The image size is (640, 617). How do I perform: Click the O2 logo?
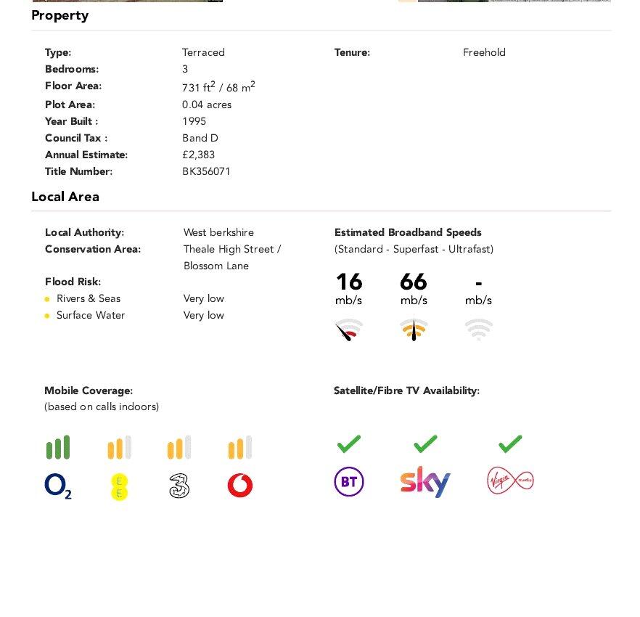[x=58, y=486]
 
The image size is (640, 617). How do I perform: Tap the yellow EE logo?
[x=120, y=486]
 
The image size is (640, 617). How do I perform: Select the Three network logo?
[x=179, y=486]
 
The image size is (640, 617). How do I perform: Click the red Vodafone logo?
[x=240, y=486]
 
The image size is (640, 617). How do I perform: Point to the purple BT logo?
[x=349, y=482]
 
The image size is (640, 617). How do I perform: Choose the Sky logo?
[x=425, y=481]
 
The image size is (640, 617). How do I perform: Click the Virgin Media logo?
[x=510, y=481]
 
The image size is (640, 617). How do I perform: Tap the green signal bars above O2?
[x=58, y=447]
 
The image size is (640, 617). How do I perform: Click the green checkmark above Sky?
[x=425, y=443]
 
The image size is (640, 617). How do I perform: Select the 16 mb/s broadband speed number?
[x=349, y=282]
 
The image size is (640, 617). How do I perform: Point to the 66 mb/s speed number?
[x=414, y=282]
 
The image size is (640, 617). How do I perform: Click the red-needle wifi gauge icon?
[x=349, y=330]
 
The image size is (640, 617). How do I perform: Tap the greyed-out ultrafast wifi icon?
[x=479, y=330]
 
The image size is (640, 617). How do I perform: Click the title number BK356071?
[x=206, y=172]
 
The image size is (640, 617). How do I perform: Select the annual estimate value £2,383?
[x=199, y=155]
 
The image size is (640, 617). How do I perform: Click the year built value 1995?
[x=194, y=121]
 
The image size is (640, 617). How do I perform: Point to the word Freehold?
[x=484, y=52]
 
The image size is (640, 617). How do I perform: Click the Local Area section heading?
[x=65, y=197]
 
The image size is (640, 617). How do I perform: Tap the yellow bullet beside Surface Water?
[x=47, y=316]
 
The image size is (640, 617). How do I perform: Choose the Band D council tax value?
[x=200, y=138]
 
